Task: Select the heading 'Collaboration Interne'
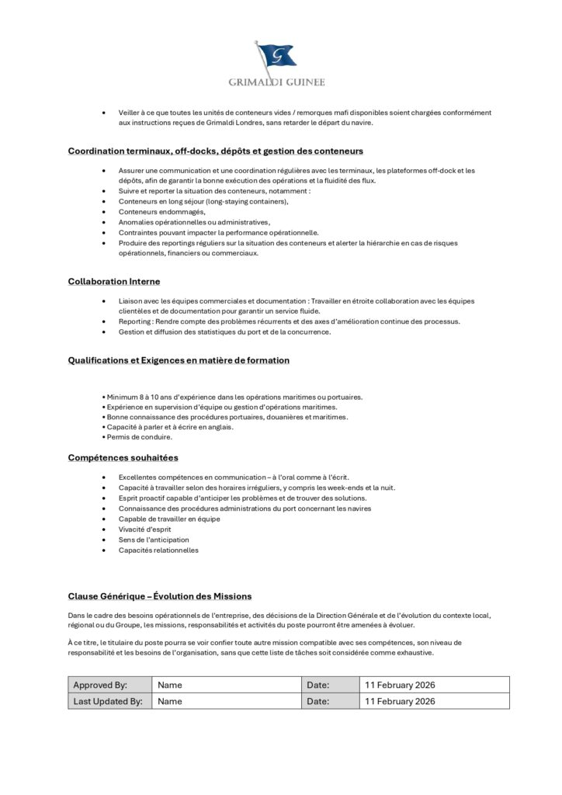[x=114, y=281]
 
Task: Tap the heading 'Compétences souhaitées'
[x=123, y=457]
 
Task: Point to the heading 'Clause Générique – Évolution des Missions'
[x=160, y=596]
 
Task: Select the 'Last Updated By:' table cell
[x=108, y=701]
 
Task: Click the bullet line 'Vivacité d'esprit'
[x=145, y=529]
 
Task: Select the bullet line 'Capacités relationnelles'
[x=158, y=550]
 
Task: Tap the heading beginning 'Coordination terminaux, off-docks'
[x=216, y=151]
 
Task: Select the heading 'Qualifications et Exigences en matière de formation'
[x=179, y=360]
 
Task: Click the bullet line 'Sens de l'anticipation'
[x=154, y=540]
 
